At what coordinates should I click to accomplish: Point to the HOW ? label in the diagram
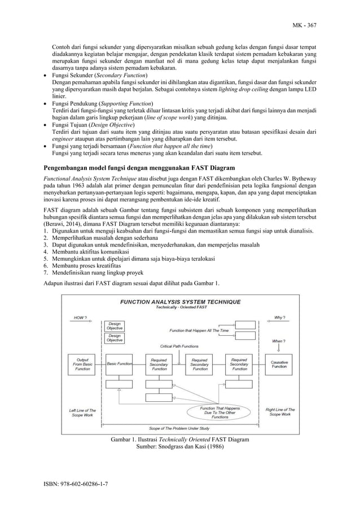(81, 317)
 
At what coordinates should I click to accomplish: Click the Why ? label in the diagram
(279, 317)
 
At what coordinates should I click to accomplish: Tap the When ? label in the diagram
(279, 341)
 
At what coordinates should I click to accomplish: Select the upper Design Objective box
(115, 326)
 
